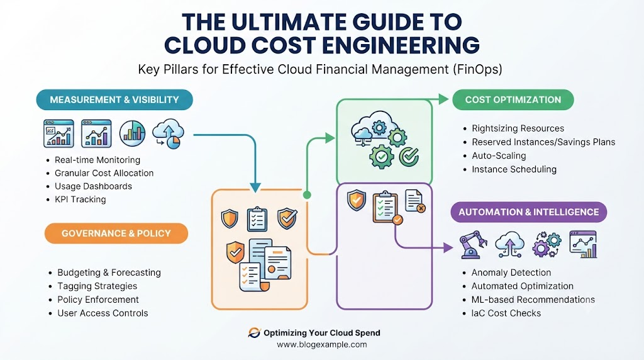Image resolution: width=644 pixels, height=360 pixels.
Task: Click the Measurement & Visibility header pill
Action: tap(114, 100)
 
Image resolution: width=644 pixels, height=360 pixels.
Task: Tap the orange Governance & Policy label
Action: tap(116, 233)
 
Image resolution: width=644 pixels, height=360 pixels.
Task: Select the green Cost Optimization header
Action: tap(513, 100)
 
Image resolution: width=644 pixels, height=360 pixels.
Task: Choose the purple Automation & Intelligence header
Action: tap(528, 212)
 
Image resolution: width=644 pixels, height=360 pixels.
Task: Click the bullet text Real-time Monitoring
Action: tap(97, 160)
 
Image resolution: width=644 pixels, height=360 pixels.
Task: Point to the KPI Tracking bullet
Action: tap(80, 200)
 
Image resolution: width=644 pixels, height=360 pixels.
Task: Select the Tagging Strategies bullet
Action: tap(97, 286)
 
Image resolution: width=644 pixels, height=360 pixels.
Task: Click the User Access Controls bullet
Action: tap(103, 313)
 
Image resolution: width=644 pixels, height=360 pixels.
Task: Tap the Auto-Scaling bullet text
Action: tap(499, 155)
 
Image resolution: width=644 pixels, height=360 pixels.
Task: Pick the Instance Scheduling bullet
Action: tap(514, 169)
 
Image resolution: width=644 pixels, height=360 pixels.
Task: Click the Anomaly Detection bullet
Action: tap(511, 273)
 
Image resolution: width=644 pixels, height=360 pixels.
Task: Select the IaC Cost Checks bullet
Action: tap(506, 313)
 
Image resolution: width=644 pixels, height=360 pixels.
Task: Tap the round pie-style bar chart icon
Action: tap(132, 133)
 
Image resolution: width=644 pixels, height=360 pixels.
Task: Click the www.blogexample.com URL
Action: tap(322, 344)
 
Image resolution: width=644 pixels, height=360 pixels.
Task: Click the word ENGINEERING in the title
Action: tap(401, 45)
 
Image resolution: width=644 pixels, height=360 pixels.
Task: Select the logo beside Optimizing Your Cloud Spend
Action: tap(254, 332)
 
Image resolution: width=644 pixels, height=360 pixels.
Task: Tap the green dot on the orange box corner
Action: tap(307, 195)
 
